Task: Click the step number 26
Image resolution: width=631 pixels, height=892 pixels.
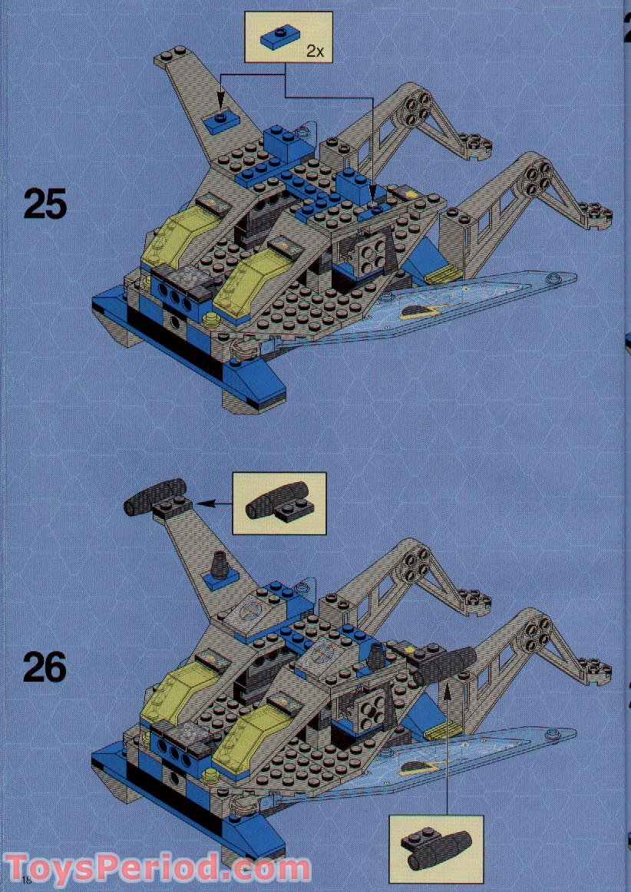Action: click(x=45, y=667)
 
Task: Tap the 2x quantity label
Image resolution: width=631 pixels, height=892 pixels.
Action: click(x=315, y=51)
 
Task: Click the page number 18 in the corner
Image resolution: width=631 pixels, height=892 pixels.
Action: click(x=28, y=879)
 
